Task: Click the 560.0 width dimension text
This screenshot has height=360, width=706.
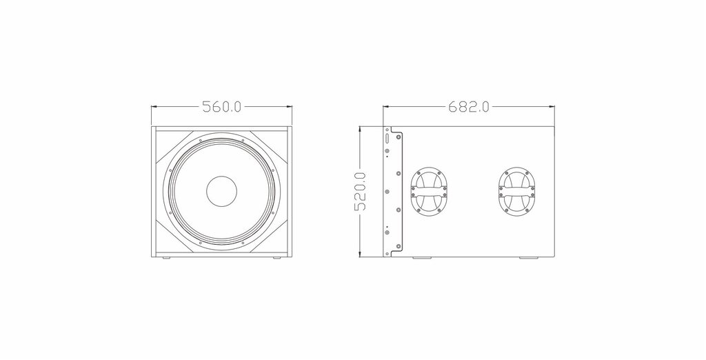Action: click(x=221, y=107)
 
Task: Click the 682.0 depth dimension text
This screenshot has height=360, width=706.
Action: click(x=468, y=107)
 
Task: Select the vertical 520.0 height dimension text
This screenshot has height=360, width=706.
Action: click(x=361, y=192)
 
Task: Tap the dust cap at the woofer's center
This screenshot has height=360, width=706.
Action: click(x=221, y=191)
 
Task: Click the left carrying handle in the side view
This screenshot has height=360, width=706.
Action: click(x=429, y=191)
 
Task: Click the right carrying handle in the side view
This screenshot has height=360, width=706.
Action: click(x=517, y=191)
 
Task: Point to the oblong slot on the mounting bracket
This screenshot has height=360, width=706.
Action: click(x=387, y=137)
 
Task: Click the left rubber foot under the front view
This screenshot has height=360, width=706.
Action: click(x=166, y=258)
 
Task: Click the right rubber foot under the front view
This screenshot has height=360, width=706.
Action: click(x=276, y=258)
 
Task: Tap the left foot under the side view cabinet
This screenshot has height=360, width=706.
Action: click(x=421, y=258)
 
